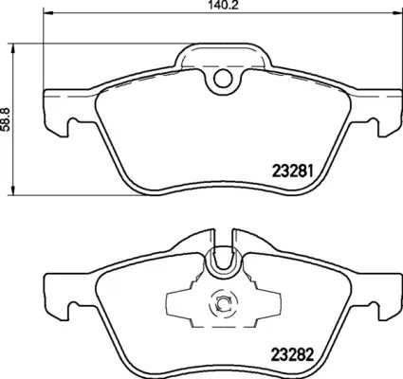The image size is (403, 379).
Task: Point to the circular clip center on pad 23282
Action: [224, 303]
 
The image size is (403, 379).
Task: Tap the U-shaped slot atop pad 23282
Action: [223, 259]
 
